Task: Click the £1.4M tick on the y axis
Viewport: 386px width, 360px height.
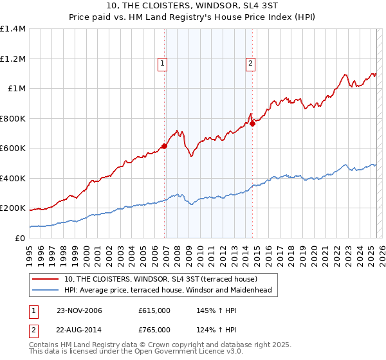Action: (x=13, y=29)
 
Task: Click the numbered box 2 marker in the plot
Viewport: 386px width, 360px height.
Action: (x=250, y=63)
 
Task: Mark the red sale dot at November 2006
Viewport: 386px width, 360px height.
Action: (x=165, y=146)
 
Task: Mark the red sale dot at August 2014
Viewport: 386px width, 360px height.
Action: (x=253, y=123)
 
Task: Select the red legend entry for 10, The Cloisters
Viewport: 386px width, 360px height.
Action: (x=161, y=279)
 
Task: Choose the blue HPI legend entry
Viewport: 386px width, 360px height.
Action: (x=168, y=291)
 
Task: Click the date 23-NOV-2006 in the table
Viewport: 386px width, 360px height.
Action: (x=79, y=311)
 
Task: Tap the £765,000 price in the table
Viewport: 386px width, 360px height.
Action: (x=154, y=329)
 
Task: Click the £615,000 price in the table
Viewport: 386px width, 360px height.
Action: (x=154, y=311)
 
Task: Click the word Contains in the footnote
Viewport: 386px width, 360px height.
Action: (x=44, y=345)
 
